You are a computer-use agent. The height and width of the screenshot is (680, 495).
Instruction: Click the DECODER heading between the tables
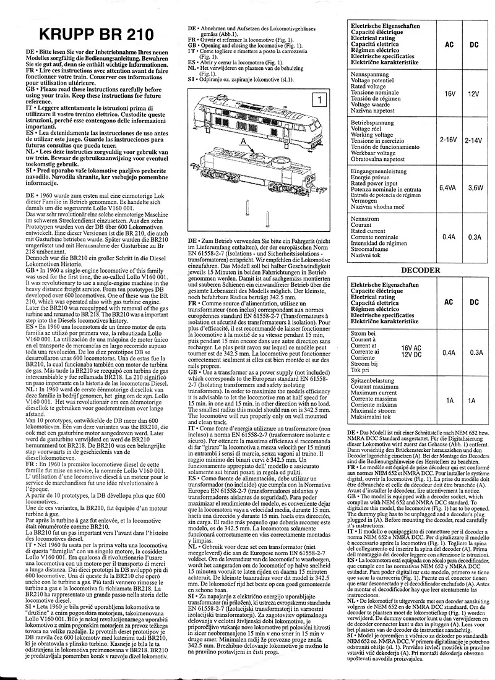(421, 270)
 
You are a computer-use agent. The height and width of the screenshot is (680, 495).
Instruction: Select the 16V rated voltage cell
(450, 94)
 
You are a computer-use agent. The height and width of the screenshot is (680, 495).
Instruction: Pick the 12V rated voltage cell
(474, 94)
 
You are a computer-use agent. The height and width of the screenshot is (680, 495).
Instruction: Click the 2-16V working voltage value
(450, 140)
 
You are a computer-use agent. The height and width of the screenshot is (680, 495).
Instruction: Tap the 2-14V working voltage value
(474, 140)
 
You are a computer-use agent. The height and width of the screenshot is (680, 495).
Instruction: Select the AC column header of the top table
(450, 45)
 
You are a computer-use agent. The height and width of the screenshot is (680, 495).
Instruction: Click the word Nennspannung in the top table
(370, 74)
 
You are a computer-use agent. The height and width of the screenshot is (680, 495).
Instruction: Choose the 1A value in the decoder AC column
(450, 400)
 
